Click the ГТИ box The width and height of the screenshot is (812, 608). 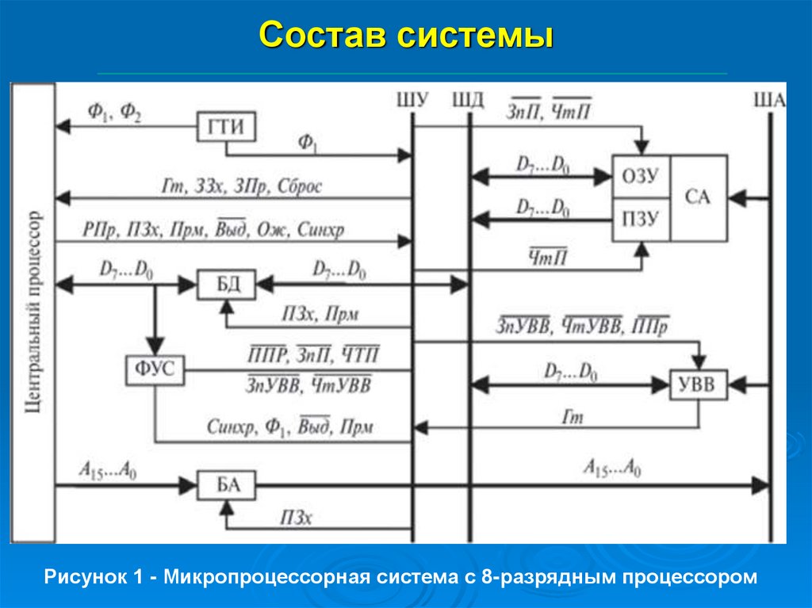(226, 127)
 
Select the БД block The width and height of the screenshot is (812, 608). (226, 285)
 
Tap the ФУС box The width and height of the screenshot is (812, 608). (155, 369)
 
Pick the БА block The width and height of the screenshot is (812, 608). (226, 485)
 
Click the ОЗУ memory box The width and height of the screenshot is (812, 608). (641, 176)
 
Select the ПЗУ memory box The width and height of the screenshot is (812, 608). (641, 220)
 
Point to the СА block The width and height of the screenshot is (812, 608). (699, 198)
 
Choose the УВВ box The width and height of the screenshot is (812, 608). (698, 384)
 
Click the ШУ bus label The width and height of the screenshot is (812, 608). (412, 99)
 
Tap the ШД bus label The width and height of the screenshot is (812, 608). (468, 99)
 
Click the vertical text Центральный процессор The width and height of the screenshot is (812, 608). (33, 312)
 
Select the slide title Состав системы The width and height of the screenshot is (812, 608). (407, 35)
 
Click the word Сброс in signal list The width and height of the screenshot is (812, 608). (299, 186)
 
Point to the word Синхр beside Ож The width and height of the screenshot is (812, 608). (320, 229)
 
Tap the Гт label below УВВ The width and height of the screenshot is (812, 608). (573, 417)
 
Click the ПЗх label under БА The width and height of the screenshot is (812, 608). (297, 517)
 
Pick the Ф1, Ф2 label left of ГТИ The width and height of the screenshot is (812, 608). (114, 112)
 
